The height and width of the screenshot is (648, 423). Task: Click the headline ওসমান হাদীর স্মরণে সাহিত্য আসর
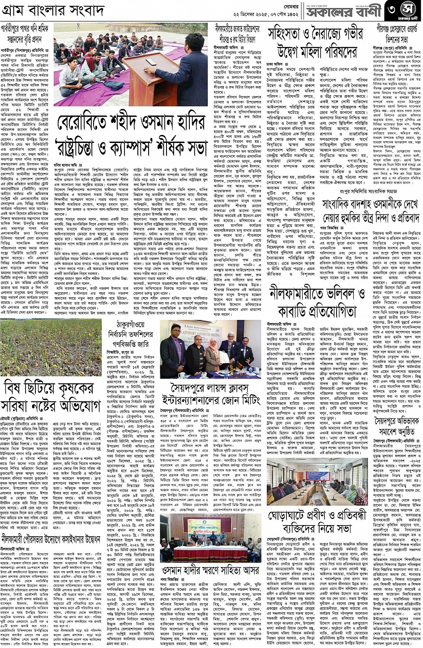click(x=210, y=570)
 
